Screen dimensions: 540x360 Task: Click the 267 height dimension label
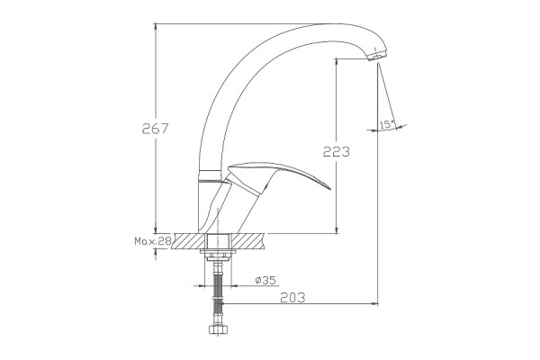pos(156,129)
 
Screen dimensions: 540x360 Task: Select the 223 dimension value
pos(336,151)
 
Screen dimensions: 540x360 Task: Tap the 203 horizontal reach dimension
pos(292,297)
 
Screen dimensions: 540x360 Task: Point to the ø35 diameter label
pos(265,281)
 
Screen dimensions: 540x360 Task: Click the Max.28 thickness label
pos(153,241)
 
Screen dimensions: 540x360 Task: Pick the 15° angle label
pos(386,125)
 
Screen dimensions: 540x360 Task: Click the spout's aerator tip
pos(377,56)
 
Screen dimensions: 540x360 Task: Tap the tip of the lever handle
pos(329,188)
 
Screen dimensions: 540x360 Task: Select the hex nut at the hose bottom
pos(216,329)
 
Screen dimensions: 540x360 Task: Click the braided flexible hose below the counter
pos(217,292)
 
